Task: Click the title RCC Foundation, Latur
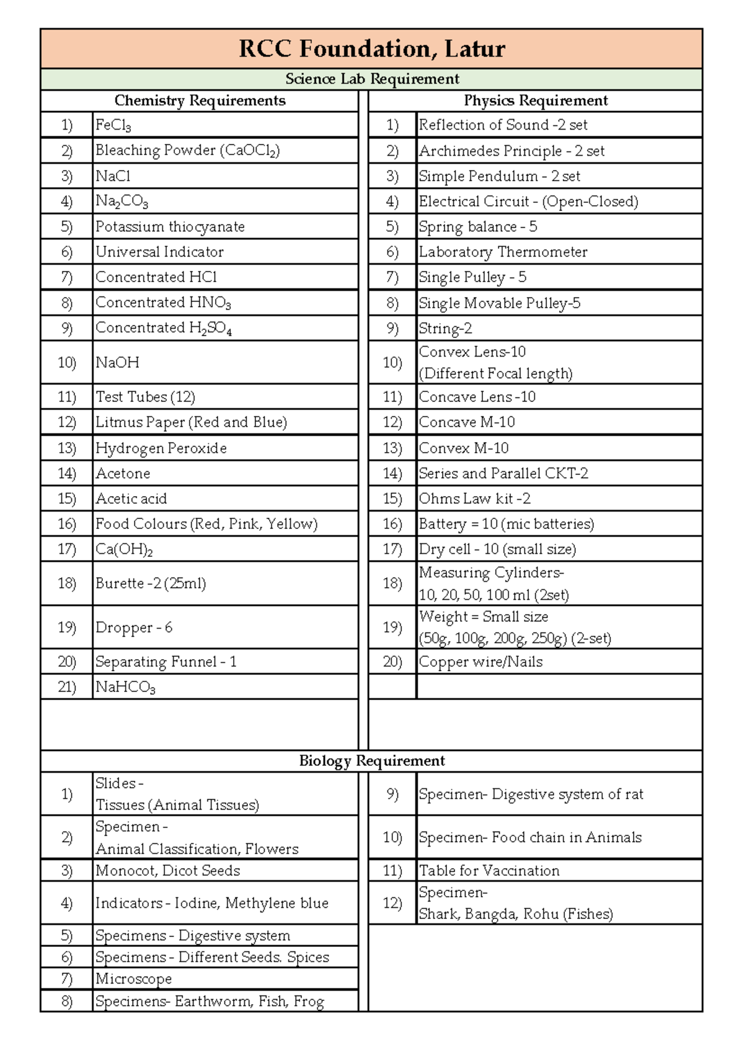[x=371, y=48]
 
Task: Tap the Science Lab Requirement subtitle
[x=371, y=79]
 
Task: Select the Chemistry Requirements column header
[x=200, y=100]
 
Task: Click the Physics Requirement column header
[x=536, y=100]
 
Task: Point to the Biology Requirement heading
[x=371, y=761]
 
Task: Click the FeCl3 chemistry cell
[x=113, y=125]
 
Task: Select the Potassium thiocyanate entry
[x=170, y=226]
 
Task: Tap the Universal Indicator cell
[x=159, y=252]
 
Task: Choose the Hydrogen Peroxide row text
[x=161, y=448]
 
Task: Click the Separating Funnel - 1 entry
[x=166, y=662]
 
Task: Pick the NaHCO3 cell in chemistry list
[x=125, y=687]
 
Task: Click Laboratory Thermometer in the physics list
[x=503, y=252]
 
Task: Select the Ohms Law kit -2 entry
[x=474, y=499]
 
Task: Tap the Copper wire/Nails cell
[x=480, y=662]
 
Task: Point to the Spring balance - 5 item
[x=477, y=226]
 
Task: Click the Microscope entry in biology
[x=133, y=979]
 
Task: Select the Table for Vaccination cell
[x=489, y=870]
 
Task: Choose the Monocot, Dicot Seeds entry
[x=167, y=870]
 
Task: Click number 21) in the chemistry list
[x=67, y=687]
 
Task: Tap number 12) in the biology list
[x=392, y=903]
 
